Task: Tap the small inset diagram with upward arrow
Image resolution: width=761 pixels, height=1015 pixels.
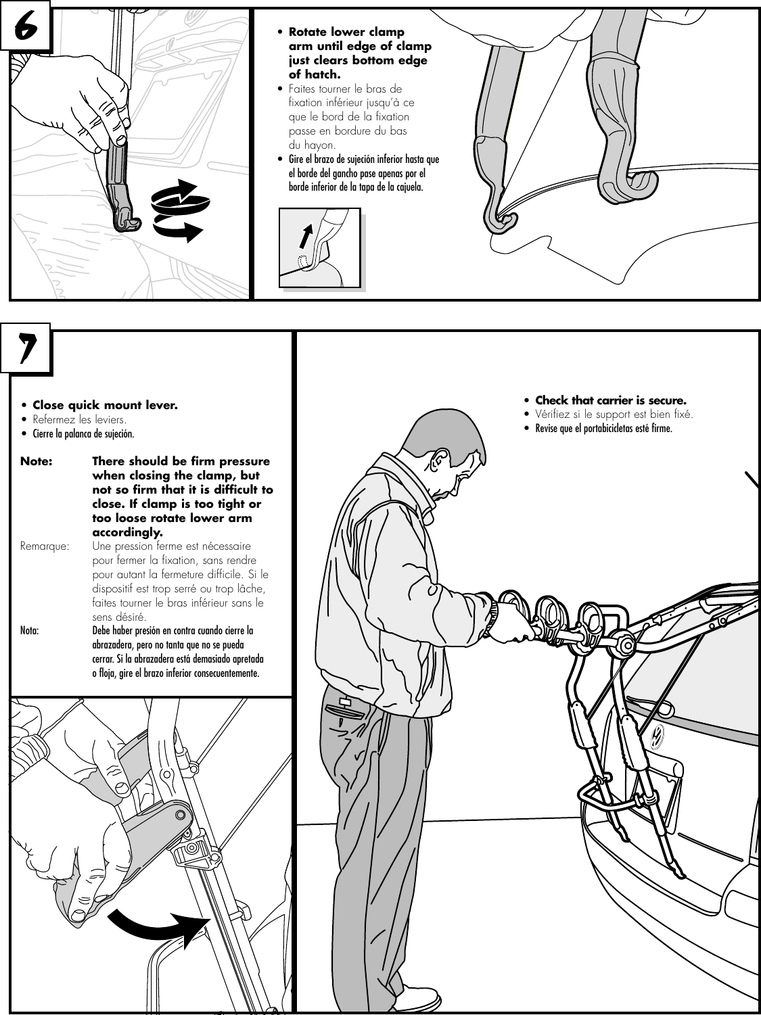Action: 320,247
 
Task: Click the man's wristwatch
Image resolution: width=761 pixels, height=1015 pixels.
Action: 493,611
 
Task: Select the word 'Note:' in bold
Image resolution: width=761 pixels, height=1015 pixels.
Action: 37,461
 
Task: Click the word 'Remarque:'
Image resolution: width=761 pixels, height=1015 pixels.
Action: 45,546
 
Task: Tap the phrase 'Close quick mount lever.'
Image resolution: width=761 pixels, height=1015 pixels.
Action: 105,406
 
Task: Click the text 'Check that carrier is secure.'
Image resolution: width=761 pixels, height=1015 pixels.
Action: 610,400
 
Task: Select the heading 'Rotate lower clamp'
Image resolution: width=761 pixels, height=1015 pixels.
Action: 346,32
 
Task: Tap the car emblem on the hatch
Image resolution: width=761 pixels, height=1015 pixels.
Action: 655,737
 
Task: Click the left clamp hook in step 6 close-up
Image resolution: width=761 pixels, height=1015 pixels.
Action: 500,220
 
